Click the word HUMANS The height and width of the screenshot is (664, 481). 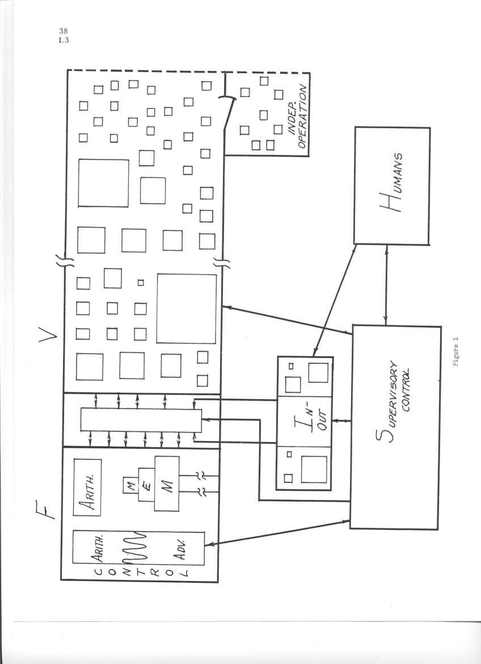tap(392, 182)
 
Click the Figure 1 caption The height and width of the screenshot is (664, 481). tap(455, 351)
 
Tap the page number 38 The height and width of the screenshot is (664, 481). tap(63, 31)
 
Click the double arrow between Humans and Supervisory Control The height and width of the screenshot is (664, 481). tap(386, 285)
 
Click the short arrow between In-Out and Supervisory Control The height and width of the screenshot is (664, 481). tap(342, 421)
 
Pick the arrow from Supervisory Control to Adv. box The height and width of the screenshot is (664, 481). tap(278, 531)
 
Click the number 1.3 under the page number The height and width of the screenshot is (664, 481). tap(64, 40)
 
